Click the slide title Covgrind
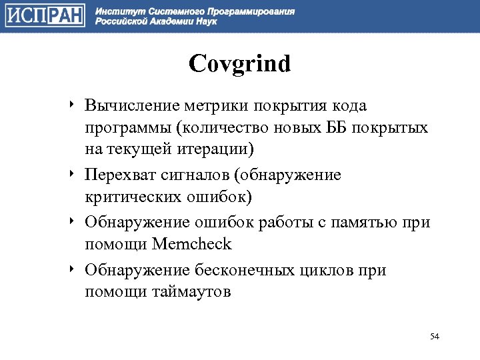[240, 65]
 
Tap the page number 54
[435, 335]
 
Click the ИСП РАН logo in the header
[45, 15]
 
